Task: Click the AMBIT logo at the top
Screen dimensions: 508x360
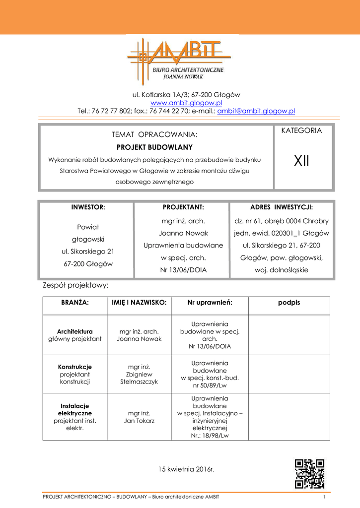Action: [x=179, y=60]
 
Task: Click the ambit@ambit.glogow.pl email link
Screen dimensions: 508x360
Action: [x=256, y=111]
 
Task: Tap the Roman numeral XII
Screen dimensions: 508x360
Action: [x=301, y=161]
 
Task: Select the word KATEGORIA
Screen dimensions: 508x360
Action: [x=301, y=131]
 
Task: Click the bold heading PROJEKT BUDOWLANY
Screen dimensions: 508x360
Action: [x=154, y=147]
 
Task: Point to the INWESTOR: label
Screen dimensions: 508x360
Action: [x=88, y=207]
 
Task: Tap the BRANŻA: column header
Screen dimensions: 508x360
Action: [x=74, y=302]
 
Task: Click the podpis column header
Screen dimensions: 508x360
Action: [x=289, y=302]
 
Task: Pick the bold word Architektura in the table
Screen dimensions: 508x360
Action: [x=75, y=331]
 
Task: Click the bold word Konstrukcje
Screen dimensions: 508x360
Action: [x=75, y=367]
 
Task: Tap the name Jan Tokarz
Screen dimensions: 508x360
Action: [x=139, y=421]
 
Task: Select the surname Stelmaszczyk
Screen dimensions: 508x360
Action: [x=139, y=381]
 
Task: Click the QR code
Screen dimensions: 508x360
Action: [x=309, y=473]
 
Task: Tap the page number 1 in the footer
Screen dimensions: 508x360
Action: [x=323, y=497]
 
